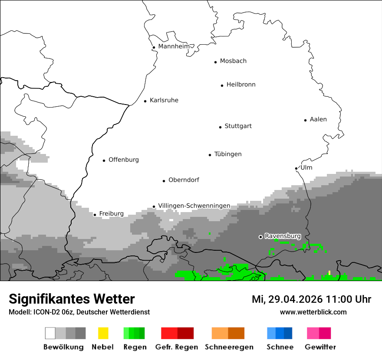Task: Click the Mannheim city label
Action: click(x=174, y=46)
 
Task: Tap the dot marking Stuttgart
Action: click(x=220, y=127)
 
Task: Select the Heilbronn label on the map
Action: click(x=241, y=85)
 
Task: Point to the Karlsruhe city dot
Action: click(x=145, y=101)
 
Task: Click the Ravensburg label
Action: click(x=283, y=236)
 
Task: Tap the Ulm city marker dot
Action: click(x=296, y=168)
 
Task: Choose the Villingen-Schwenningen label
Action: click(x=194, y=206)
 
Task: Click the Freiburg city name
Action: click(x=111, y=213)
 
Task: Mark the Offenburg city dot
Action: click(x=104, y=160)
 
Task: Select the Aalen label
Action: click(x=318, y=119)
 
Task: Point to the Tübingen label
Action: click(x=228, y=154)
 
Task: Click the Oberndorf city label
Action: click(x=184, y=180)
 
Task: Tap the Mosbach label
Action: click(x=233, y=61)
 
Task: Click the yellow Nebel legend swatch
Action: click(x=103, y=333)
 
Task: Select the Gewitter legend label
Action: click(x=320, y=347)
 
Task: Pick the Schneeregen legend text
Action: click(x=229, y=347)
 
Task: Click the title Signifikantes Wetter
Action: click(x=72, y=299)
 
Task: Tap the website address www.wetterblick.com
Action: click(x=313, y=312)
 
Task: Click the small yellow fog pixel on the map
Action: click(x=329, y=272)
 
